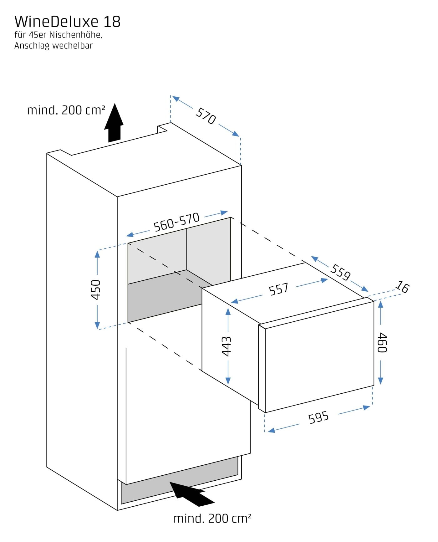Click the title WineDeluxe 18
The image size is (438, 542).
tap(67, 22)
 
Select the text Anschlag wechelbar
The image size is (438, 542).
tap(53, 46)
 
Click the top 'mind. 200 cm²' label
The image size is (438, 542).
tap(66, 110)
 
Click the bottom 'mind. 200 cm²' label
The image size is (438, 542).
tap(212, 519)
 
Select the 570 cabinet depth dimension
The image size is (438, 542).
tap(206, 116)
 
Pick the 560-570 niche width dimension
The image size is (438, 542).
tap(176, 222)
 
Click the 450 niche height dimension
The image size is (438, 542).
tap(96, 289)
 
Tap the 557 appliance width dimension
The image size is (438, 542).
tap(278, 289)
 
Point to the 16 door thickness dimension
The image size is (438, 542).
tap(402, 287)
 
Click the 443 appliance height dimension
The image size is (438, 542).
tap(227, 346)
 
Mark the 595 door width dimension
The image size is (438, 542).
tap(318, 417)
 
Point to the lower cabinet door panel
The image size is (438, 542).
tap(188, 416)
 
